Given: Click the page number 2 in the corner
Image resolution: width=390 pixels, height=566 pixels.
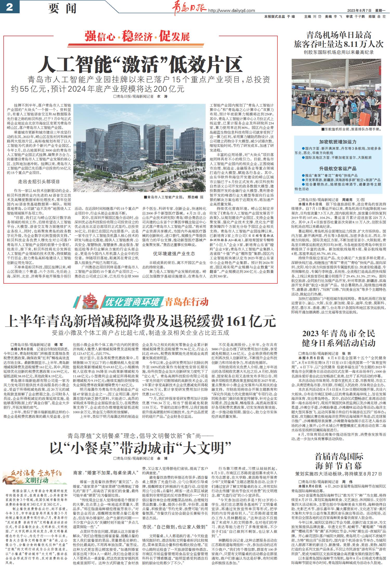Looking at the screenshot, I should pyautogui.click(x=9, y=7).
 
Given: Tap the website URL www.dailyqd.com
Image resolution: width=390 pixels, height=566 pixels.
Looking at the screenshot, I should pyautogui.click(x=231, y=11).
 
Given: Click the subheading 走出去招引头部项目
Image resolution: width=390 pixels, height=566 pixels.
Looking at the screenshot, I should pyautogui.click(x=39, y=182).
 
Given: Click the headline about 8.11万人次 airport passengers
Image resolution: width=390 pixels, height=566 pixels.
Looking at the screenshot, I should pyautogui.click(x=339, y=40).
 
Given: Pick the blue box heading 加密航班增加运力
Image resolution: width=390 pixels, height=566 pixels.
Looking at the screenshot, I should pyautogui.click(x=338, y=142).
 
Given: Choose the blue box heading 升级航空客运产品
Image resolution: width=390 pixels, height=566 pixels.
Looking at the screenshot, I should pyautogui.click(x=338, y=168).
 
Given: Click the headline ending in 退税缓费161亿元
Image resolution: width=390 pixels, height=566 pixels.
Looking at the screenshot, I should pyautogui.click(x=140, y=321).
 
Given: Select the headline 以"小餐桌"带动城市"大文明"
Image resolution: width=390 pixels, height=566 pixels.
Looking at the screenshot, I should pyautogui.click(x=140, y=448).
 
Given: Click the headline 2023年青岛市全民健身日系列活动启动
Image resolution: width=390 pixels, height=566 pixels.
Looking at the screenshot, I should pyautogui.click(x=339, y=338).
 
